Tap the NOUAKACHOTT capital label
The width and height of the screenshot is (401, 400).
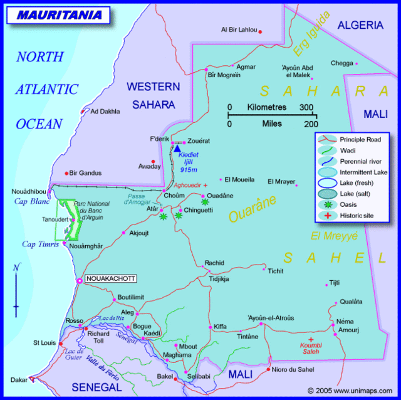pyautogui.click(x=110, y=279)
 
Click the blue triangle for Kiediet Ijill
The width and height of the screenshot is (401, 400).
pyautogui.click(x=177, y=148)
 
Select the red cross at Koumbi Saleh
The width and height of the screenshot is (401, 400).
pyautogui.click(x=310, y=339)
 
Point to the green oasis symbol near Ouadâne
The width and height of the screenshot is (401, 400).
pyautogui.click(x=204, y=202)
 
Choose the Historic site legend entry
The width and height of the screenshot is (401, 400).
pyautogui.click(x=355, y=215)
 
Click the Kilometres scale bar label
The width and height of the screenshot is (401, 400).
pyautogui.click(x=271, y=107)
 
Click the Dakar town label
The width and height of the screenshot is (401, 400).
pyautogui.click(x=19, y=379)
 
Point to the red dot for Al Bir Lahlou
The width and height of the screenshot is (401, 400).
pyautogui.click(x=260, y=31)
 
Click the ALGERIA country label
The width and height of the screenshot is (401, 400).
pyautogui.click(x=360, y=25)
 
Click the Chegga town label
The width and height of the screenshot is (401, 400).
pyautogui.click(x=342, y=63)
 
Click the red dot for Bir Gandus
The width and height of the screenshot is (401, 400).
pyautogui.click(x=66, y=174)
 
